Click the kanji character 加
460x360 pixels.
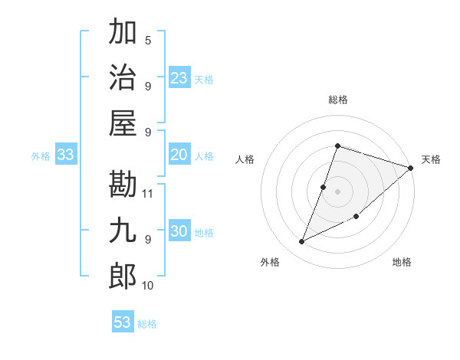[123, 34]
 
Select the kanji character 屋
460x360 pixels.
[123, 123]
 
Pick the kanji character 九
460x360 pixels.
[123, 231]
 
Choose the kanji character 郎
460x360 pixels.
[123, 276]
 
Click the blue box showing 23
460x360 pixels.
[179, 78]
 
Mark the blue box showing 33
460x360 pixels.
[66, 155]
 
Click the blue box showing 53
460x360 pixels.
[123, 322]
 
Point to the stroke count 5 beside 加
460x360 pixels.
[148, 40]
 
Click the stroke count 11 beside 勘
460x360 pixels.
[149, 193]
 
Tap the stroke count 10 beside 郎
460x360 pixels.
[149, 285]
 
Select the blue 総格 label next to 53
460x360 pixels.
[147, 324]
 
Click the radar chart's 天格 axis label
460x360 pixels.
[431, 159]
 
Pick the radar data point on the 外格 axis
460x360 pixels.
[302, 242]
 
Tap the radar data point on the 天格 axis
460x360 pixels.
[411, 168]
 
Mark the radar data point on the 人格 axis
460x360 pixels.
[324, 187]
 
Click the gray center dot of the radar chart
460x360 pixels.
[337, 191]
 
